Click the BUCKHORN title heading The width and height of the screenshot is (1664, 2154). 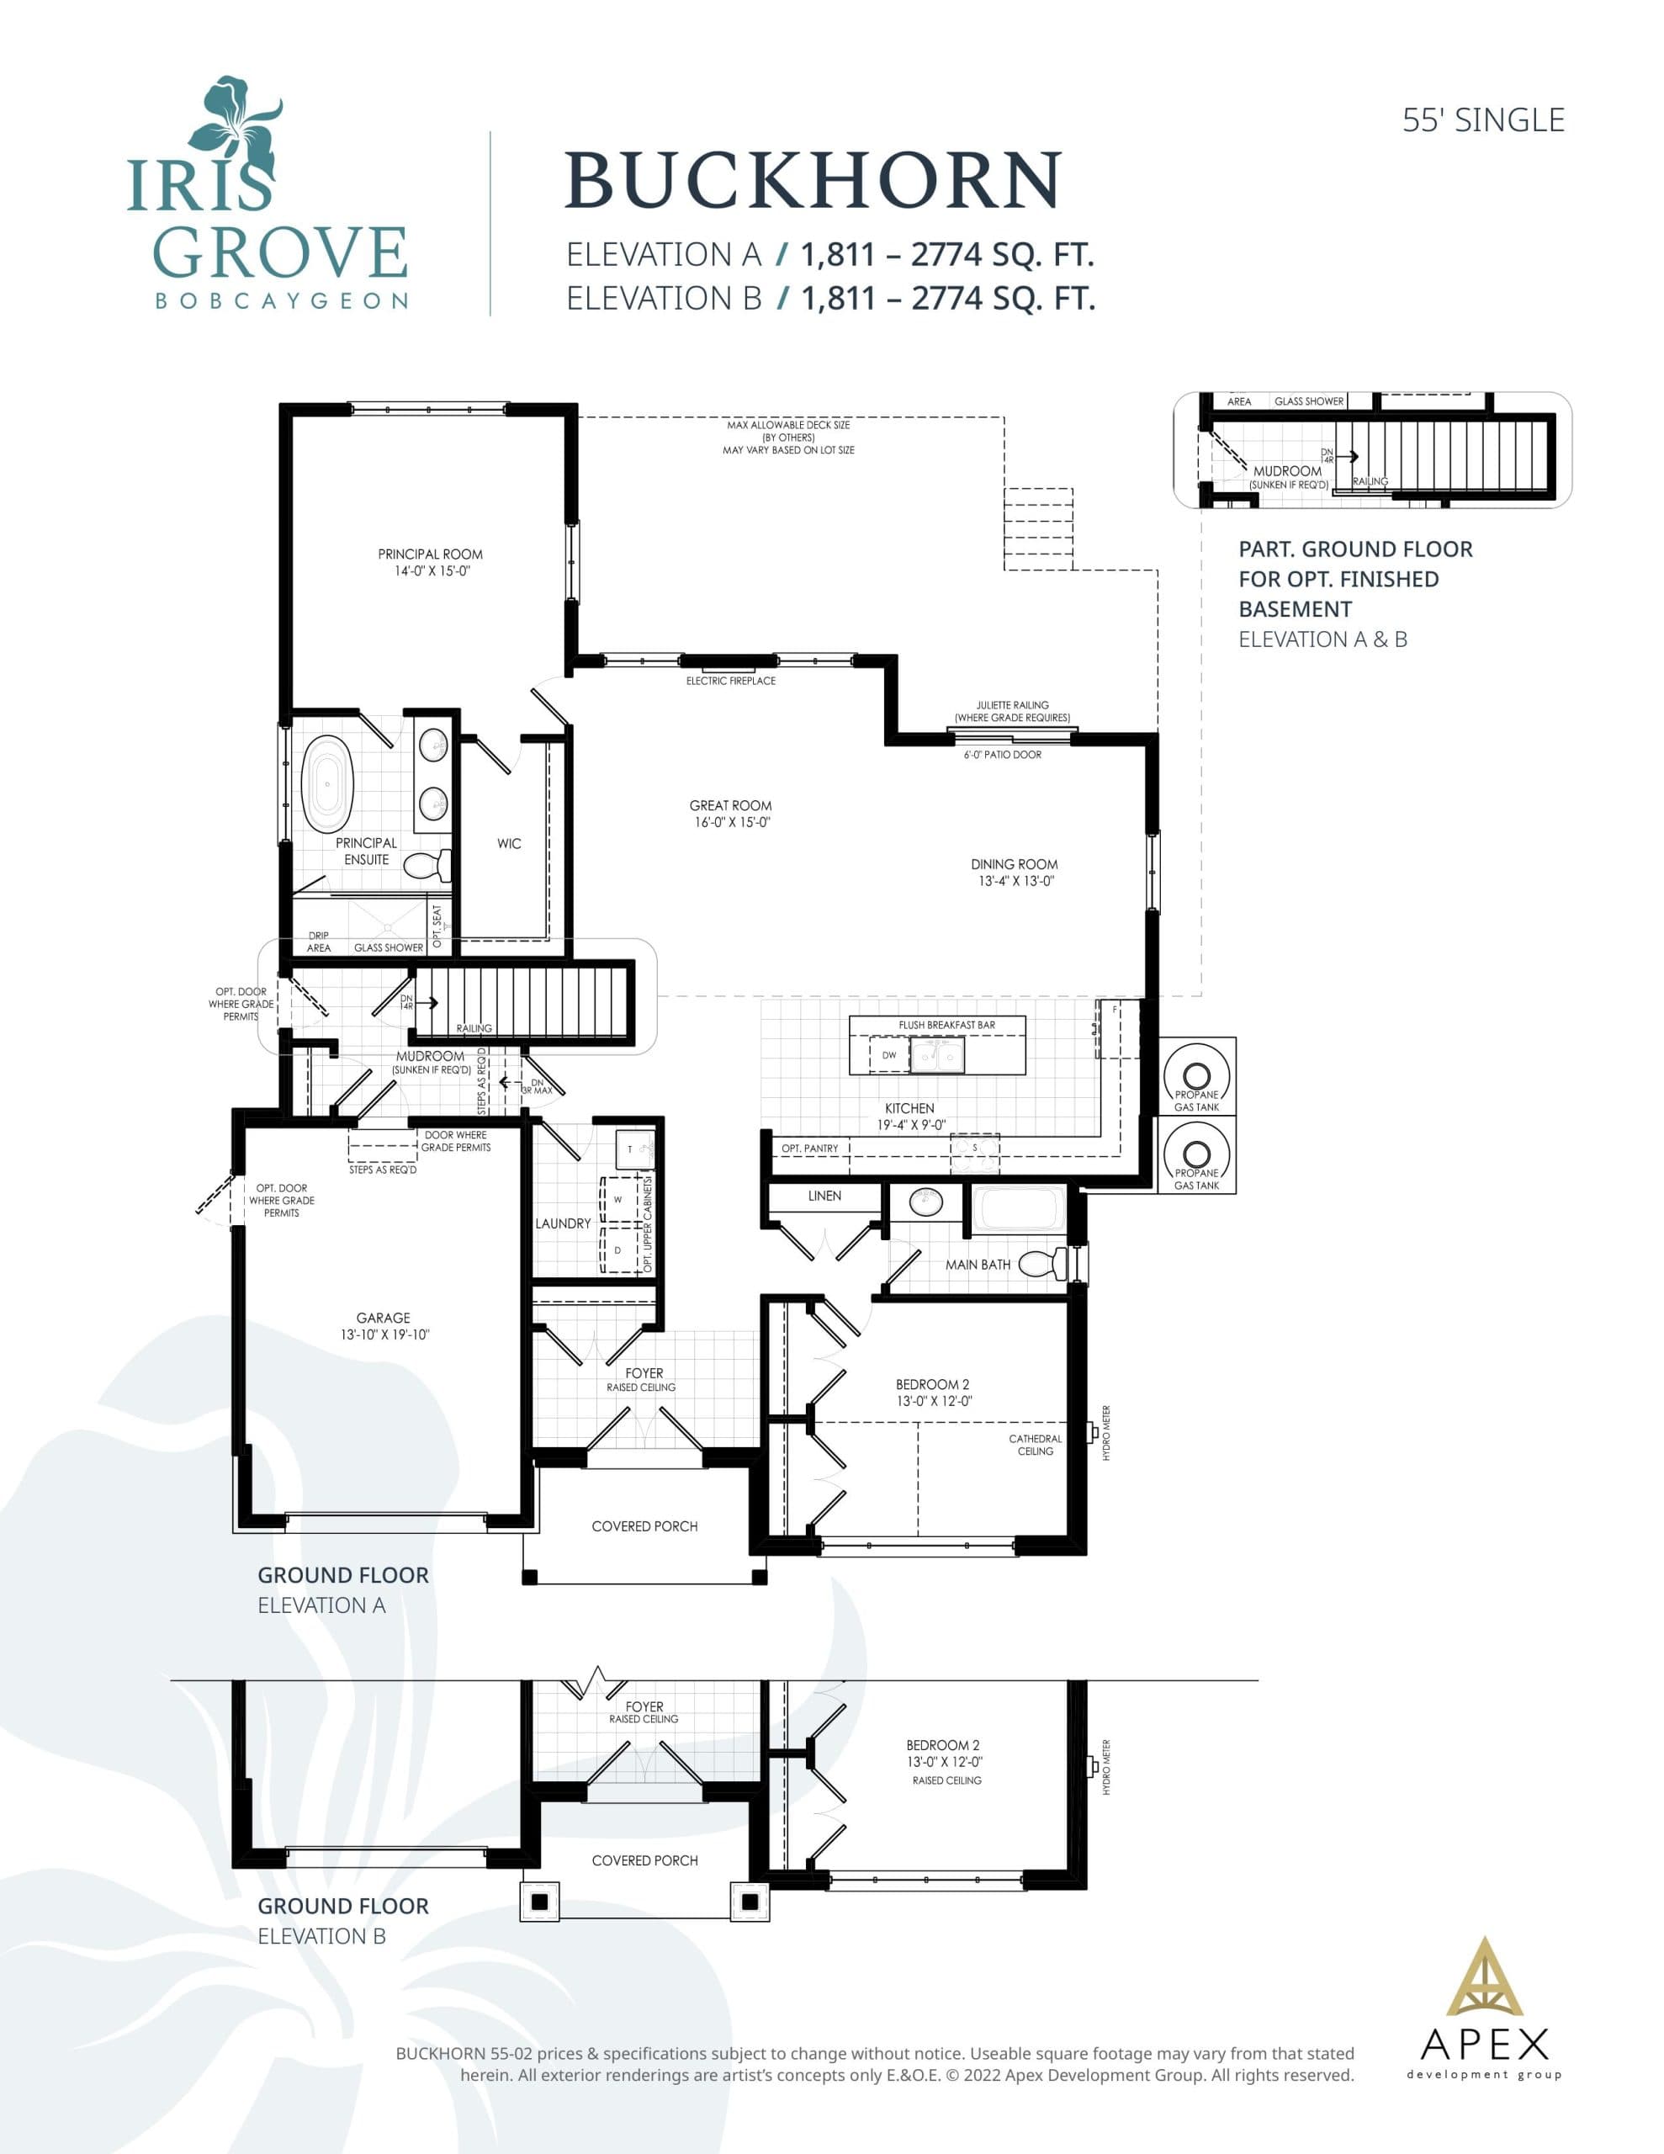point(812,181)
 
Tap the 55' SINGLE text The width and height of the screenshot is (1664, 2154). point(1482,120)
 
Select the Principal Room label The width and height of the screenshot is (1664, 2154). point(430,554)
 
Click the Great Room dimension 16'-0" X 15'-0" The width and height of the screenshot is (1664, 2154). point(731,823)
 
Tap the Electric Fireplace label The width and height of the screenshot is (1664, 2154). point(731,682)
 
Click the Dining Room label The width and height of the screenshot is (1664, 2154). point(1014,865)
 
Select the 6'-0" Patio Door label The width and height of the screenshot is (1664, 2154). point(1002,755)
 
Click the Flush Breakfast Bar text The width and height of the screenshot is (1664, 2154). point(946,1025)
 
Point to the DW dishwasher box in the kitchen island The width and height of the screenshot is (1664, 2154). point(888,1055)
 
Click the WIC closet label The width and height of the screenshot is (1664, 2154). point(509,843)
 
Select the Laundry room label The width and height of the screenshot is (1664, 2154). point(563,1223)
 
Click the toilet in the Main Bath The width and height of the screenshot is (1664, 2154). point(1041,1264)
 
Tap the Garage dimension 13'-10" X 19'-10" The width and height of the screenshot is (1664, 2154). point(384,1334)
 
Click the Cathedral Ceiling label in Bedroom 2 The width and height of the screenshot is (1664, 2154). point(1035,1445)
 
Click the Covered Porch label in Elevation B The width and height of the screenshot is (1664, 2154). point(644,1860)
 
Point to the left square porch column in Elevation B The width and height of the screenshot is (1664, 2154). point(539,1901)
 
